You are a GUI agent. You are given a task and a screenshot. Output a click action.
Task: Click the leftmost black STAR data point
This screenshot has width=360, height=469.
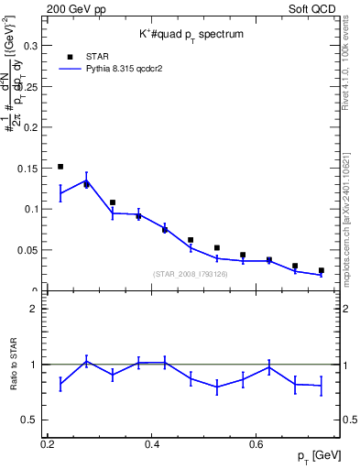60,167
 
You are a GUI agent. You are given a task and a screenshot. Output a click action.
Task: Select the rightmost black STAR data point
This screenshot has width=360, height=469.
321,270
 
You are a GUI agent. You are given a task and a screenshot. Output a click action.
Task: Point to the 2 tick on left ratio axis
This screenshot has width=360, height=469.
34,309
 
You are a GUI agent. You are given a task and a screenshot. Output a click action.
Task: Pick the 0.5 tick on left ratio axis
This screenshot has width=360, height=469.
29,420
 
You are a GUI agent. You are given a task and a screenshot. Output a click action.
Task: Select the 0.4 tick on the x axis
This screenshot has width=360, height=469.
153,444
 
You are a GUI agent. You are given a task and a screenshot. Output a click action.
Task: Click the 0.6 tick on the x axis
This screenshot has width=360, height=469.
257,444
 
